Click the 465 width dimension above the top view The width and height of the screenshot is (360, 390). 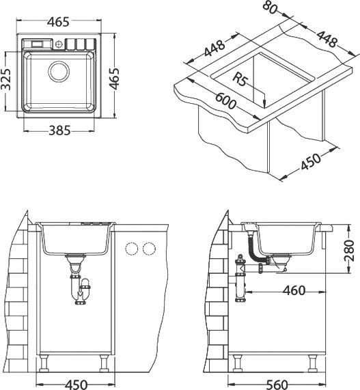click(x=59, y=22)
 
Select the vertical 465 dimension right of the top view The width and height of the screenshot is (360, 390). click(x=115, y=79)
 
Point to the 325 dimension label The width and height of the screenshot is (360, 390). click(x=5, y=79)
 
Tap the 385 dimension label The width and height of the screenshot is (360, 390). click(x=59, y=130)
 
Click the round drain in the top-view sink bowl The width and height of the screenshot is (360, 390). click(x=59, y=72)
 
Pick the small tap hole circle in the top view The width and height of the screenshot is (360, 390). click(x=59, y=44)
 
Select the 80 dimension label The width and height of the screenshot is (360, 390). click(x=270, y=7)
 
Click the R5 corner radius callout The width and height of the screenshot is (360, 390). click(x=240, y=80)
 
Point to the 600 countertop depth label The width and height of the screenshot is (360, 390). click(x=225, y=100)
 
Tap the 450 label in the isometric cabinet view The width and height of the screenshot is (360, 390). click(x=311, y=161)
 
